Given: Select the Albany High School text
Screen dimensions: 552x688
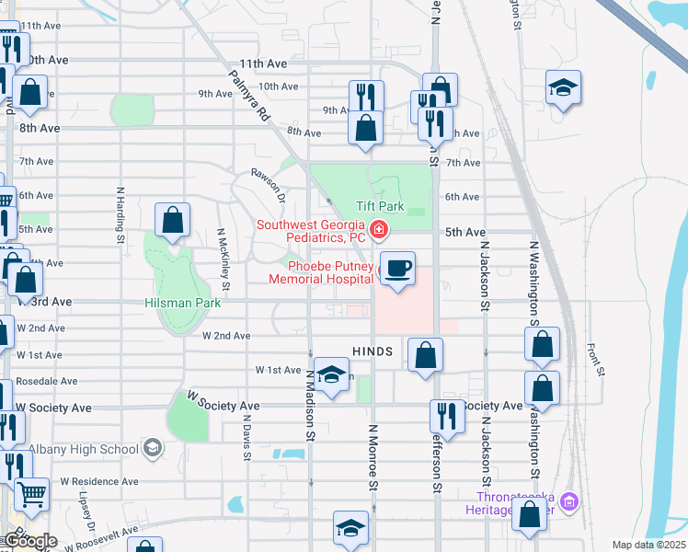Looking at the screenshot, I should [x=83, y=449].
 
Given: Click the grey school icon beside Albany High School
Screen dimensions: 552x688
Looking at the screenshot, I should [x=153, y=448].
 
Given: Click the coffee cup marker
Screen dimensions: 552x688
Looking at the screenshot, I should [x=397, y=269].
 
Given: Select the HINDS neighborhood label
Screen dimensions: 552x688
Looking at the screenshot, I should [x=372, y=351].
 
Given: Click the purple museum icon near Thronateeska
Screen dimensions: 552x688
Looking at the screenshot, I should [x=569, y=502].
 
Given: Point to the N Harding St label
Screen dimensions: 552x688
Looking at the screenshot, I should [x=120, y=216].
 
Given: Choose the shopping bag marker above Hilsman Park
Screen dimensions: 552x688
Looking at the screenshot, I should [x=172, y=220].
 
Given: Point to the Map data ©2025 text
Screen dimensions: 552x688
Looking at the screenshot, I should [x=648, y=545].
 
